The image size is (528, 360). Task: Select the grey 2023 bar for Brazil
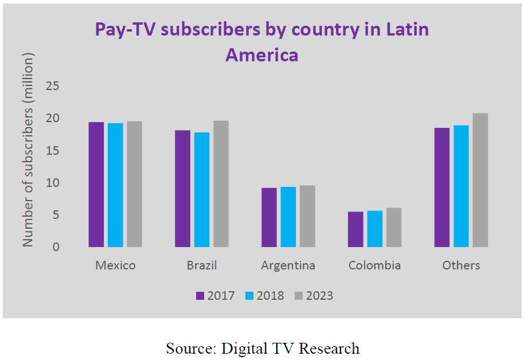click(221, 184)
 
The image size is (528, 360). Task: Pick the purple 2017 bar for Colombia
click(355, 229)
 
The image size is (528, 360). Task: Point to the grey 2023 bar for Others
click(480, 180)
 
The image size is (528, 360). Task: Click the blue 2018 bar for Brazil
click(202, 190)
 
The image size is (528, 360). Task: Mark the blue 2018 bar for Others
click(461, 186)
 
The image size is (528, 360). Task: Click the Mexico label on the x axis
click(115, 265)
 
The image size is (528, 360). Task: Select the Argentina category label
click(288, 265)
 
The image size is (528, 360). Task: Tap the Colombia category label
click(374, 265)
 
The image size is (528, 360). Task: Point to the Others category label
click(461, 265)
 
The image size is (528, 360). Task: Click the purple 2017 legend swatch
click(200, 296)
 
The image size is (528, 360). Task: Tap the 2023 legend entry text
click(319, 296)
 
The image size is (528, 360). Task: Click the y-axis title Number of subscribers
click(28, 150)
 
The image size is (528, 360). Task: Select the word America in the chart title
click(261, 55)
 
